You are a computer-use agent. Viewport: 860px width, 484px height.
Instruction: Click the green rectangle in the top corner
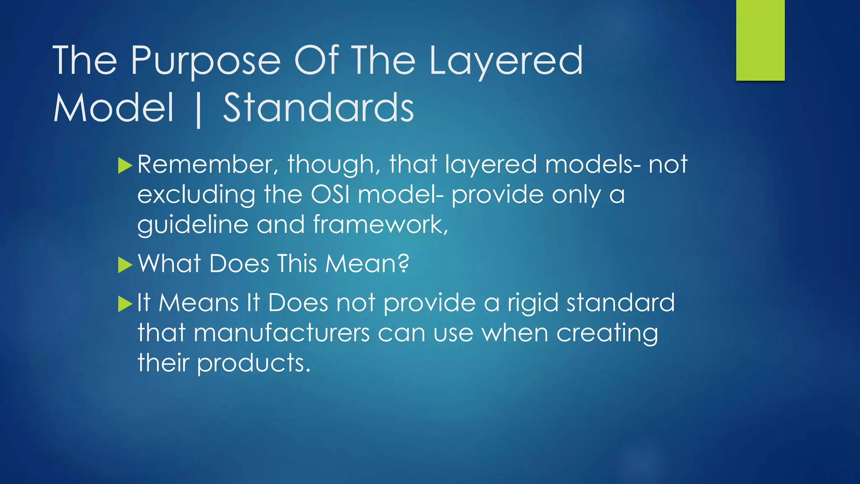tap(760, 40)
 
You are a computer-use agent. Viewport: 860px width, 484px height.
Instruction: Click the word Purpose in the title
tap(205, 61)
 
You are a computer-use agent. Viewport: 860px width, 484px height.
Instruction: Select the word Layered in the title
tap(506, 61)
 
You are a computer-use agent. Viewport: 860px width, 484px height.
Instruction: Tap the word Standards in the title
tap(318, 108)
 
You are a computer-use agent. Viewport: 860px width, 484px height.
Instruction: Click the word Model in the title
tap(113, 108)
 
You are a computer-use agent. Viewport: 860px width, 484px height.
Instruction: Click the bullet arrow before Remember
tap(125, 166)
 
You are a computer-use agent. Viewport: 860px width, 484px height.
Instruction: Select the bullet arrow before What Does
tap(125, 265)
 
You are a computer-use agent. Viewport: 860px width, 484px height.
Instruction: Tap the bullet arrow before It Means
tap(125, 304)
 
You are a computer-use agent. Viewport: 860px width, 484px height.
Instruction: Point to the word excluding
tap(196, 195)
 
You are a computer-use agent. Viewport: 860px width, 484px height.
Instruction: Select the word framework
tap(380, 225)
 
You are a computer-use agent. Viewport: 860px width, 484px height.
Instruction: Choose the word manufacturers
tap(282, 333)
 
